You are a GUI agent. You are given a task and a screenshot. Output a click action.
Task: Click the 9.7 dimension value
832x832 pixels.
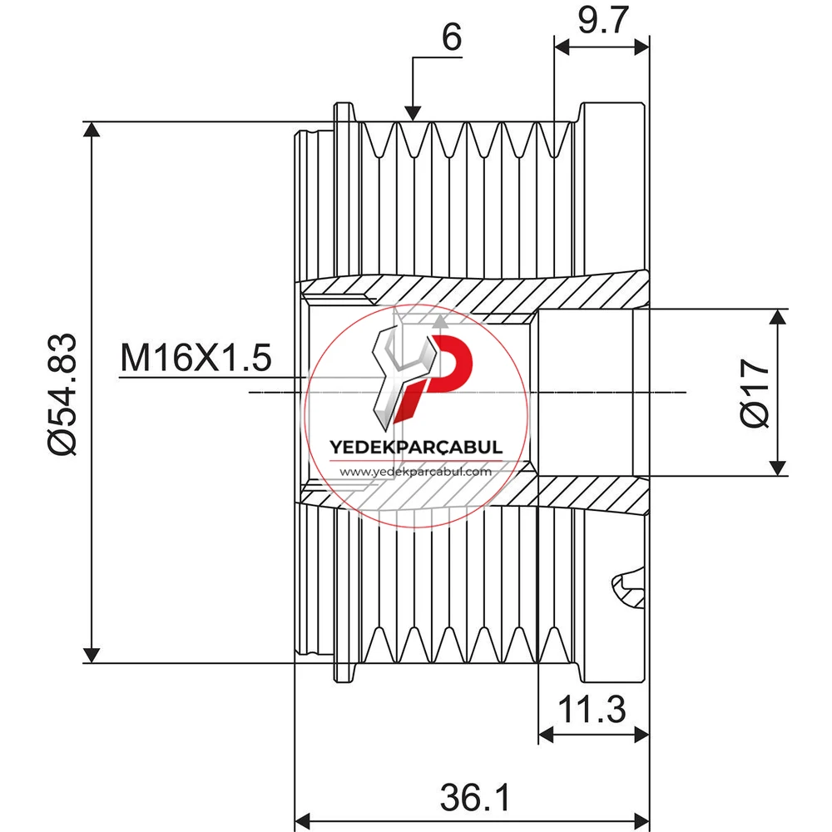pos(602,20)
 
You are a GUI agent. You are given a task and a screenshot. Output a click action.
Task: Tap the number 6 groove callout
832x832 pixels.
pos(452,37)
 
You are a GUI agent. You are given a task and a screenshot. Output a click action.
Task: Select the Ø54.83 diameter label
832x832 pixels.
pos(62,394)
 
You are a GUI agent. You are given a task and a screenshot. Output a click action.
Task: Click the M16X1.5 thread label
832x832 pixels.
pos(196,357)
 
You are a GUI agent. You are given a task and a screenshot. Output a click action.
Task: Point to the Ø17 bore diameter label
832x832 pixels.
pos(755,393)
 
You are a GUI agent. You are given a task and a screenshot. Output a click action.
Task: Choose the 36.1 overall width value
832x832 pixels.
pos(475,797)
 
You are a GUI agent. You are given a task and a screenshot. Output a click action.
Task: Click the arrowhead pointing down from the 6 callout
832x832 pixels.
pos(413,113)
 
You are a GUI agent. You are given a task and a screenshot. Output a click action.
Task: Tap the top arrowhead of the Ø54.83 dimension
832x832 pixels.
pos(92,130)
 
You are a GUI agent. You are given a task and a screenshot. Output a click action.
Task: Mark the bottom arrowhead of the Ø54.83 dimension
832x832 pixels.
pos(92,656)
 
